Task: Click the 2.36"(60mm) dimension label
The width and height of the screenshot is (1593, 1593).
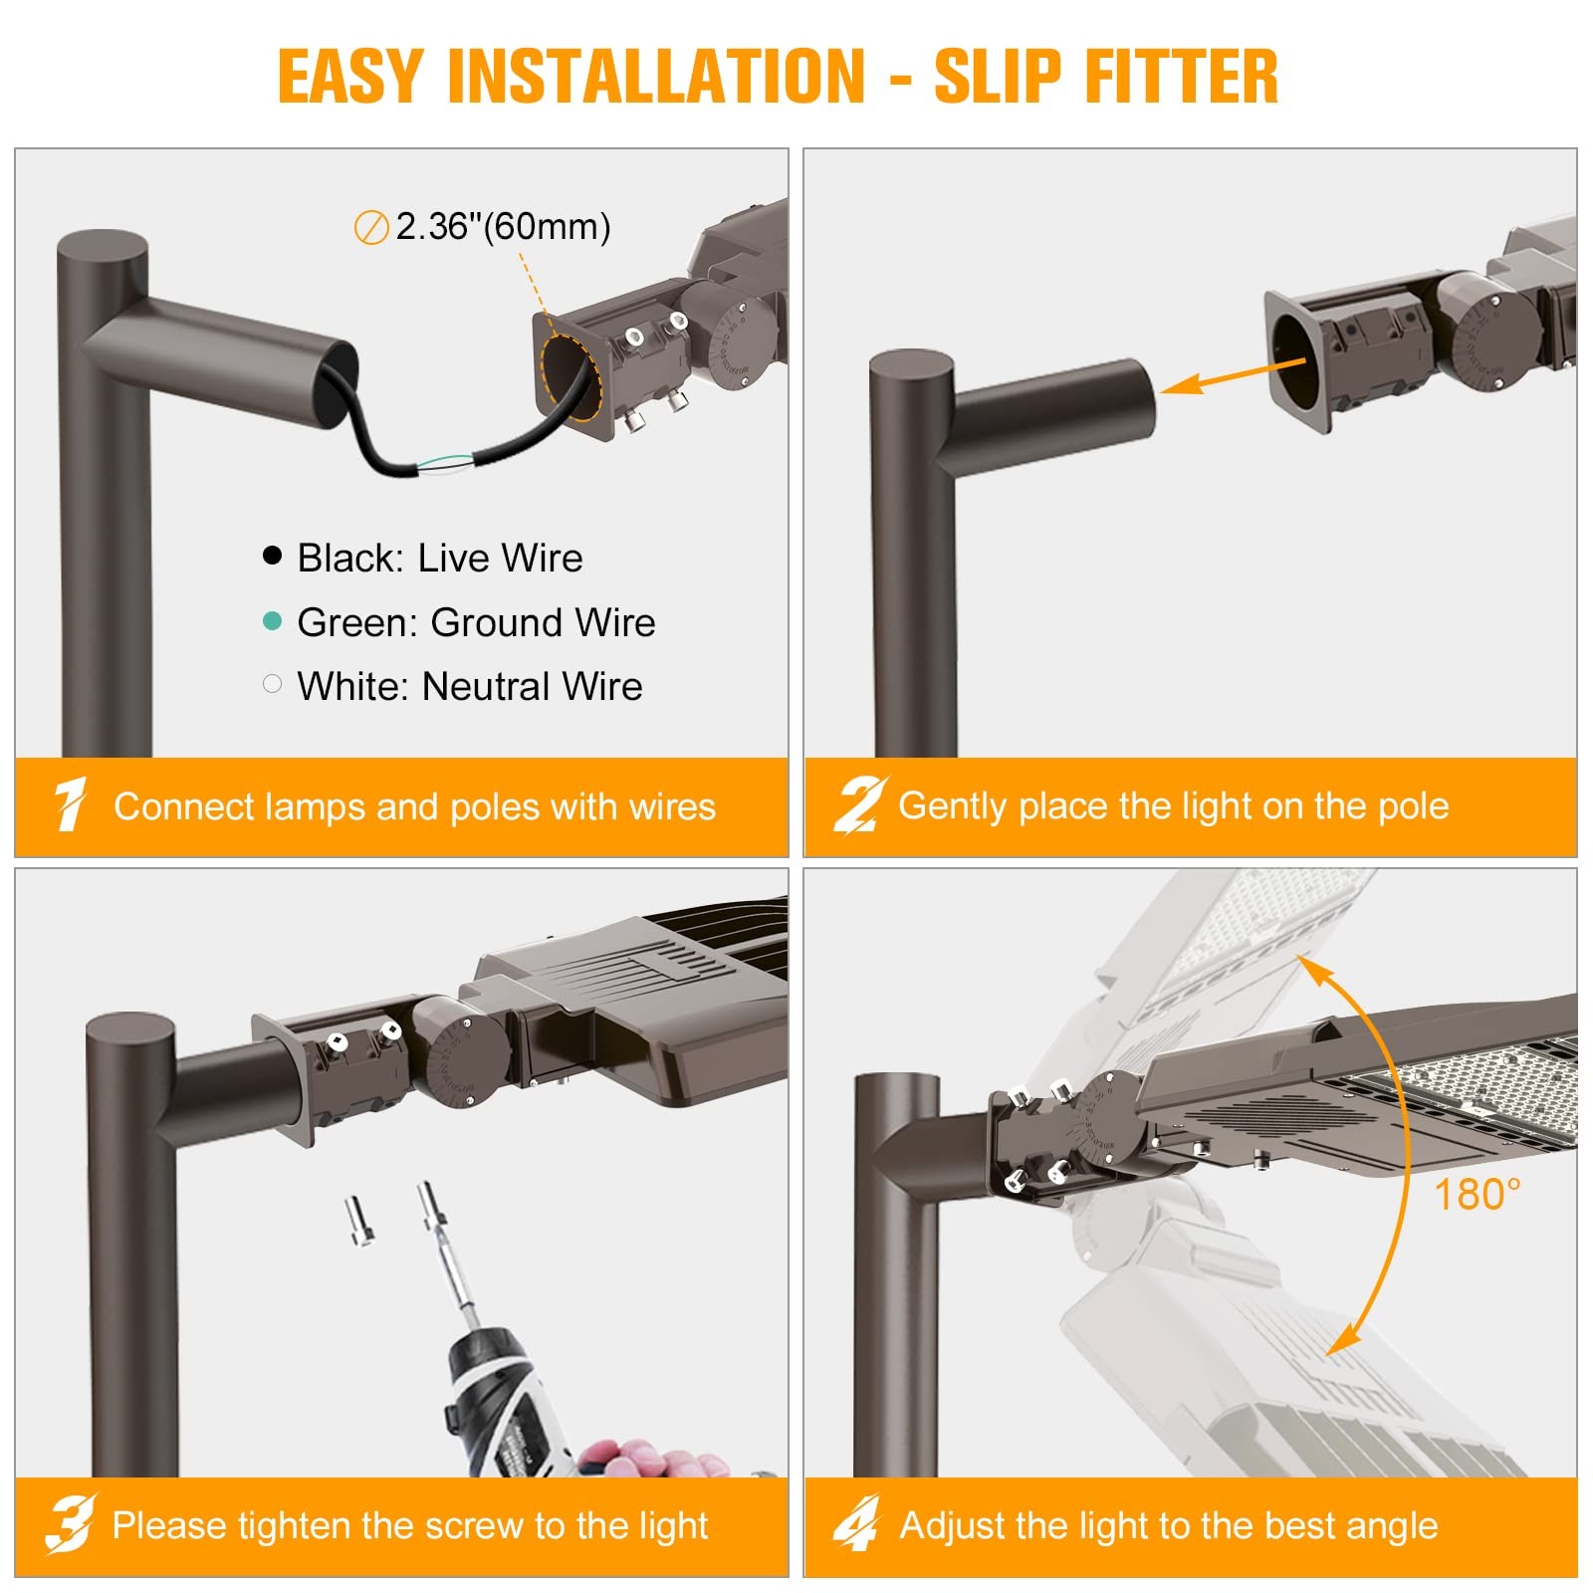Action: (503, 227)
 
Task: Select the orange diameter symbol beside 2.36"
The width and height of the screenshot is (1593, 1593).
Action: (370, 228)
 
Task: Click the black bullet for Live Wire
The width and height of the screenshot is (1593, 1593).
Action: (272, 556)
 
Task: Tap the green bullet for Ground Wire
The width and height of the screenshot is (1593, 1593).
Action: (272, 620)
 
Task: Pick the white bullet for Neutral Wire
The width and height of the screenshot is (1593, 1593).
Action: (272, 684)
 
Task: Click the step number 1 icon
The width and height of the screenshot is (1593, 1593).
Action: (70, 804)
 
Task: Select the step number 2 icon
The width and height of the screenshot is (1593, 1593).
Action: (859, 804)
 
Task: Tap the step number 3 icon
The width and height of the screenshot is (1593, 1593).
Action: (70, 1523)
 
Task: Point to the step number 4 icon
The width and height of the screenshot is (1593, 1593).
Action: (857, 1523)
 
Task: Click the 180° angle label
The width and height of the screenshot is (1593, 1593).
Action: (1478, 1194)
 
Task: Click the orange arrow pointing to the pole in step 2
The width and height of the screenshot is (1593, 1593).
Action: (1235, 376)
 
